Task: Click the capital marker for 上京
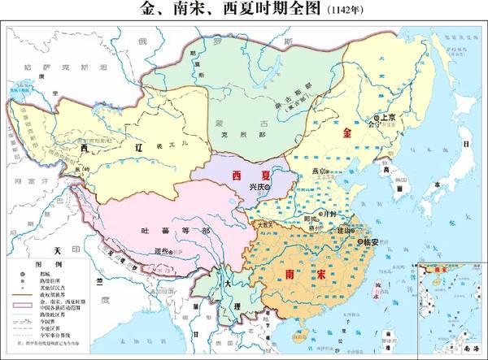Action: coord(377,119)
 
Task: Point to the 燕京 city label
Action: coord(319,171)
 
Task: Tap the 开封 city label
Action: coord(331,213)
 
